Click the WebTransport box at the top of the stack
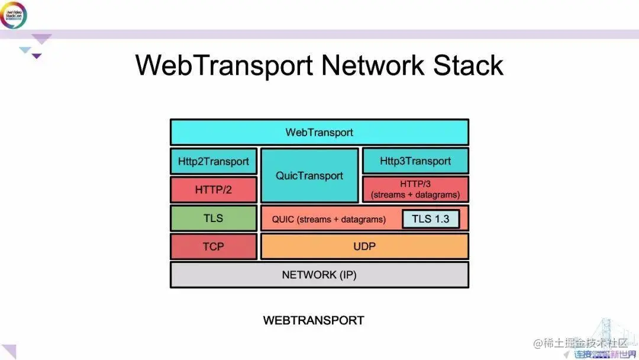tap(319, 132)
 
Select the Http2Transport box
tap(214, 161)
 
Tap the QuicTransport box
tap(309, 176)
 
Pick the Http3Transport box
tap(415, 161)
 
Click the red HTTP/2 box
tap(214, 190)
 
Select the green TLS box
tap(214, 218)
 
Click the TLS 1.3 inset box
tap(431, 219)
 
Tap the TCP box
tap(214, 246)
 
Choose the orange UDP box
tap(364, 246)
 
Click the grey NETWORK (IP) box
tap(319, 275)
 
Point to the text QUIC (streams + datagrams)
tap(329, 220)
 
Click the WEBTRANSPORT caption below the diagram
tap(314, 320)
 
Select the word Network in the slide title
tap(373, 65)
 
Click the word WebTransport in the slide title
tap(224, 65)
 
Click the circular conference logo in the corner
tap(13, 15)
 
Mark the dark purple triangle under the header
tap(37, 56)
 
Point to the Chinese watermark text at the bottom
tap(580, 343)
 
